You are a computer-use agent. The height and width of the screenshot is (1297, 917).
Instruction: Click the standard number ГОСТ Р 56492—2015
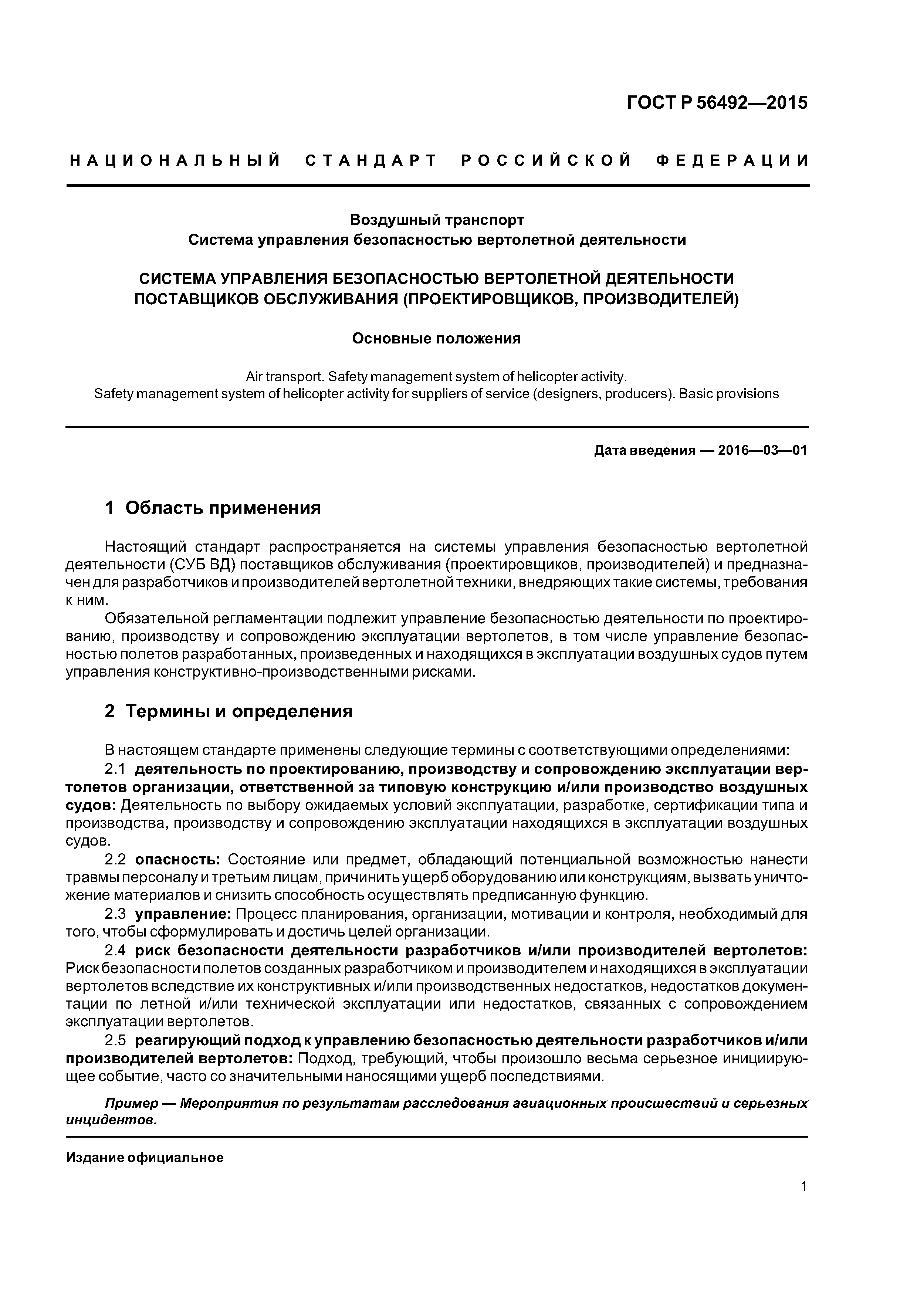click(x=717, y=103)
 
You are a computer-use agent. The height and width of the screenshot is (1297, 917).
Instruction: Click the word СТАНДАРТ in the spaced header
click(x=371, y=160)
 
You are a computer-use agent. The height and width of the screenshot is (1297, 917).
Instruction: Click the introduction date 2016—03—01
click(x=762, y=450)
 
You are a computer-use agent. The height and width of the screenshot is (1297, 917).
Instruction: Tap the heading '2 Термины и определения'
click(x=229, y=711)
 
